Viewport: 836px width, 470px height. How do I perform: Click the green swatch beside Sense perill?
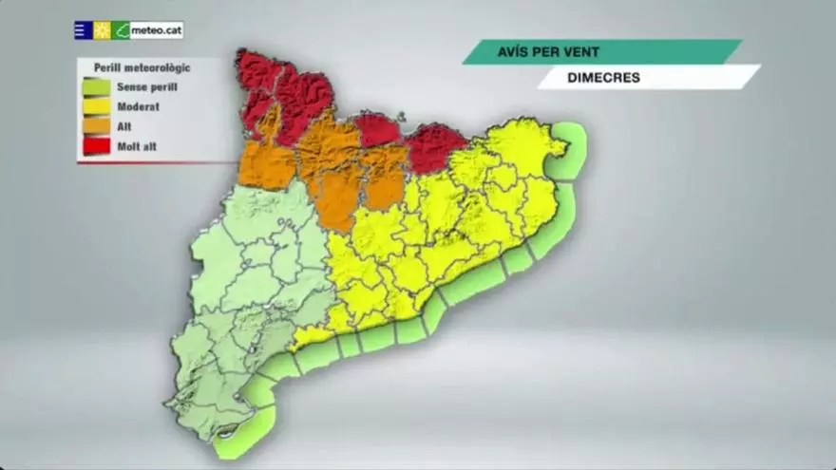click(x=96, y=87)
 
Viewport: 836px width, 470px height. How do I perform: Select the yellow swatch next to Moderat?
click(x=96, y=106)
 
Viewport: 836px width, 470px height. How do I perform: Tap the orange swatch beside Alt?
click(x=96, y=125)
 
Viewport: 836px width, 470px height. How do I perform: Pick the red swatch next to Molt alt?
click(x=96, y=145)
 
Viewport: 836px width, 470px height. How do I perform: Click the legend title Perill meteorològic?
click(x=142, y=67)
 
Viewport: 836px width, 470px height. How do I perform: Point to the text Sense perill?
click(x=146, y=87)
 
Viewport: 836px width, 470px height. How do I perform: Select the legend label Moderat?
click(x=138, y=107)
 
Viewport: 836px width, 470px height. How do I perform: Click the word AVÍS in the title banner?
click(x=514, y=51)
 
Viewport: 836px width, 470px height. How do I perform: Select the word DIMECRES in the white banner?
click(x=602, y=78)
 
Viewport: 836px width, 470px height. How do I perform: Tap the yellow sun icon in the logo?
click(x=102, y=30)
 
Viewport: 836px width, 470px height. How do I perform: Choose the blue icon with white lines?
click(x=83, y=30)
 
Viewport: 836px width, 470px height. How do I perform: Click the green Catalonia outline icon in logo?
click(x=121, y=30)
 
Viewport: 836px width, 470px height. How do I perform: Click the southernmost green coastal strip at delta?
click(x=244, y=432)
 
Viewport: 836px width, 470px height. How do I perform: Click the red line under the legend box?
click(x=157, y=162)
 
